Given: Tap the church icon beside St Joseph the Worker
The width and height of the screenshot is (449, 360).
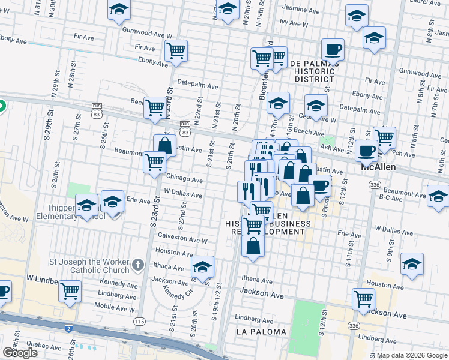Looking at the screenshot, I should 138,264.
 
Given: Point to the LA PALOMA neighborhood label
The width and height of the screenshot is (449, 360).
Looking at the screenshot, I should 259,331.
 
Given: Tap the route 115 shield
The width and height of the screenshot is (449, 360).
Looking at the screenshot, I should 140,322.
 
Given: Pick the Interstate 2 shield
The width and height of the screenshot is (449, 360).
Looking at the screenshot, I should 69,329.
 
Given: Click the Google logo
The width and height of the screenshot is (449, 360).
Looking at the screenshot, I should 20,353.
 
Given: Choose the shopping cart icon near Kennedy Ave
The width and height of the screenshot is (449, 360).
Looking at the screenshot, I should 70,291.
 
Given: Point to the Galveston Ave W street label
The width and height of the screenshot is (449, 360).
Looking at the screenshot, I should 181,240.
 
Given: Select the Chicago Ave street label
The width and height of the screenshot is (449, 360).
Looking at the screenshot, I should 184,179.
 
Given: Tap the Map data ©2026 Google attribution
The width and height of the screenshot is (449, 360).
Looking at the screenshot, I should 412,355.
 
